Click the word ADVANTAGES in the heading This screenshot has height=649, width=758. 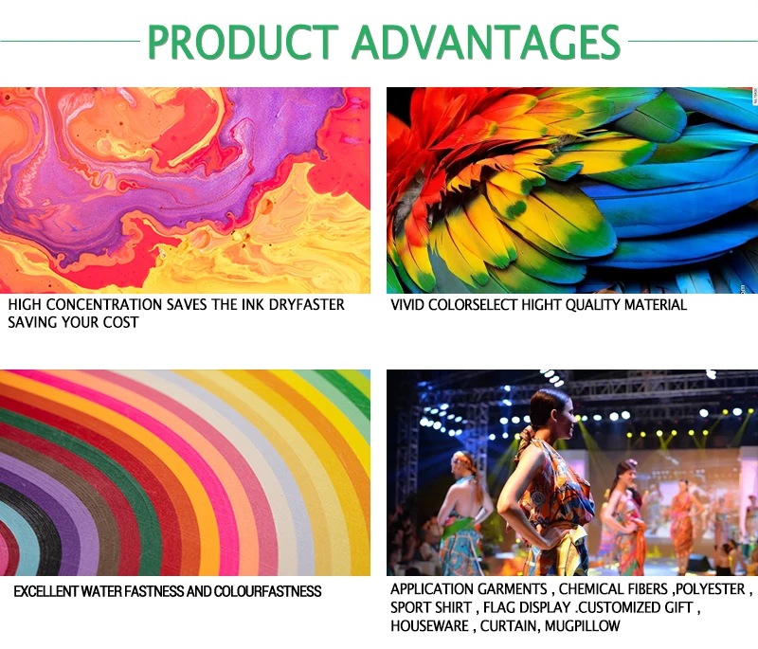(486, 42)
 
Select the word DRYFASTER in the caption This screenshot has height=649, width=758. (306, 305)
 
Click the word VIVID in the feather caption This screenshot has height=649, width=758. (407, 305)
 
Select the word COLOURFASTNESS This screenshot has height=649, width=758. (267, 591)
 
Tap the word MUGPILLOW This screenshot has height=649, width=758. (582, 626)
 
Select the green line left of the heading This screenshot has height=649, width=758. (70, 42)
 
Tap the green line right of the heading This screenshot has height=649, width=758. (693, 42)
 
